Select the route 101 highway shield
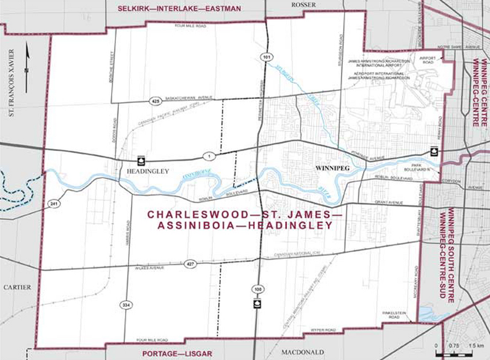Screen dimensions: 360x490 point(265,56)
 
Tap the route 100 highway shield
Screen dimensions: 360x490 point(255,289)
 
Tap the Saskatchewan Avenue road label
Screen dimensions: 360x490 point(188,97)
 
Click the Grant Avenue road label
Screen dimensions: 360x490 point(388,202)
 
